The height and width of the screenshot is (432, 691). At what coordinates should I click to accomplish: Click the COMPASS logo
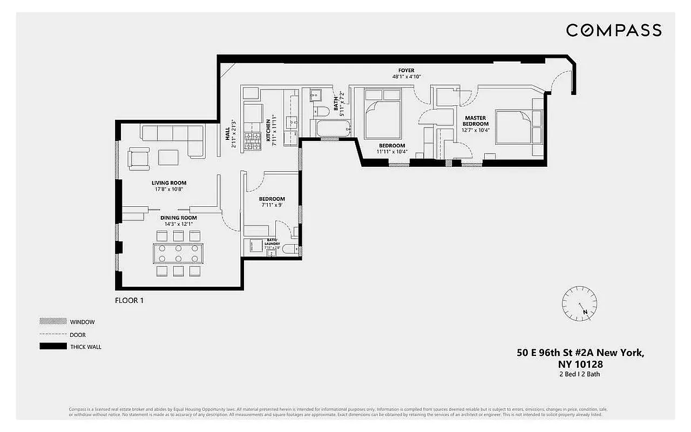coord(614,30)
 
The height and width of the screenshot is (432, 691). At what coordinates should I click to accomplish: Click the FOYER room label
coord(407,70)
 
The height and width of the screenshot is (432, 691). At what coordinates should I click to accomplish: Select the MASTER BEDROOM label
coord(475,121)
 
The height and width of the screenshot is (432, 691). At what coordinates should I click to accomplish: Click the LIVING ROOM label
coord(169,183)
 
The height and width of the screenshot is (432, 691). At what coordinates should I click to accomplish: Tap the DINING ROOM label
coord(177,217)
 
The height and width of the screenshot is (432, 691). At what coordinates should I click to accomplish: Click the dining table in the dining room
coord(178,253)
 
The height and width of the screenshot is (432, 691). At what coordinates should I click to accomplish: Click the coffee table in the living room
coord(168,157)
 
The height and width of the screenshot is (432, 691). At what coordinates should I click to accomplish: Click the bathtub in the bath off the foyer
coord(333,130)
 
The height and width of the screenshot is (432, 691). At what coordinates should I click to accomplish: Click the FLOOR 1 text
coord(130,300)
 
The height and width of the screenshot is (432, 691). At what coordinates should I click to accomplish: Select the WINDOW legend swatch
coord(53,321)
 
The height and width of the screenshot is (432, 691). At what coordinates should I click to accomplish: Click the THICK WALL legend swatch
coord(53,347)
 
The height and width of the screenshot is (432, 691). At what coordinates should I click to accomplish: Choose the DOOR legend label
coord(78,335)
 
